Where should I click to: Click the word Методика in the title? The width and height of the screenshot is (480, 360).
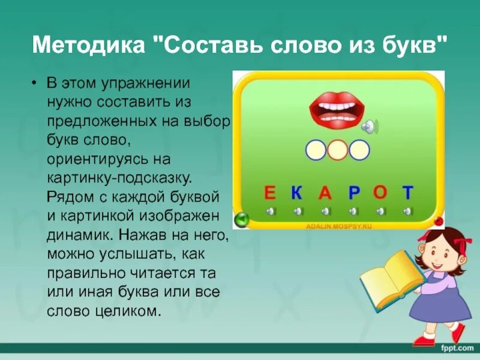click(89, 46)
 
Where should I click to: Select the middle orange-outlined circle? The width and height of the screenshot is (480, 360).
click(338, 149)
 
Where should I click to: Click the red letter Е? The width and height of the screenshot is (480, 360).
click(269, 193)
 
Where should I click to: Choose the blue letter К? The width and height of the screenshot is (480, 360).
click(296, 193)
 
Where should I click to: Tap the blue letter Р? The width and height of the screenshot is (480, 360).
click(353, 193)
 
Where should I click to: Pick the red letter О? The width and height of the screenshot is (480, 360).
click(380, 193)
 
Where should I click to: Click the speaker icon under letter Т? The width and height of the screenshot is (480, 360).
click(408, 211)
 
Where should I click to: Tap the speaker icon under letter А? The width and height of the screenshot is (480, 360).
click(325, 211)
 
